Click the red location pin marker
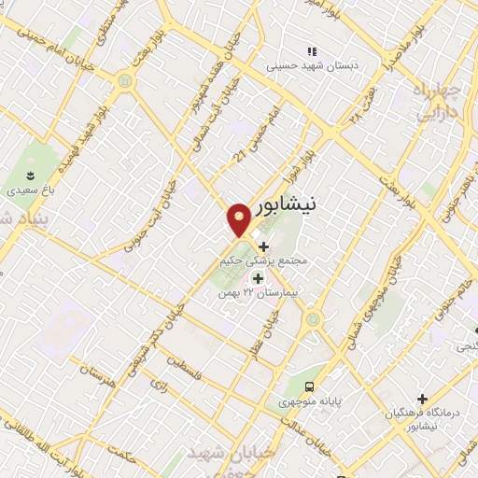click(239, 218)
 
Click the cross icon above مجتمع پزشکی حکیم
click(262, 246)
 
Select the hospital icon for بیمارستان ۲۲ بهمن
click(257, 277)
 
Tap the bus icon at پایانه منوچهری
click(310, 387)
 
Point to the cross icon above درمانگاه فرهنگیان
click(422, 398)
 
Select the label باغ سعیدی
click(28, 190)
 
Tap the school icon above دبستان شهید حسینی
click(313, 51)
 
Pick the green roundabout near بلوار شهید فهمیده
click(124, 81)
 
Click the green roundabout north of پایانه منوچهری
click(313, 319)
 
